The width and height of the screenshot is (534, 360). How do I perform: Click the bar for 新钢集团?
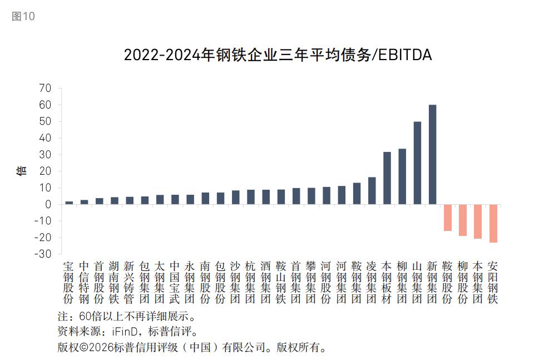[x=432, y=155]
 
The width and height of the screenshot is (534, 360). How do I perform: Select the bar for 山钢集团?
[x=417, y=163]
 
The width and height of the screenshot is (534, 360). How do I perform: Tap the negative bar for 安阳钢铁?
[x=493, y=223]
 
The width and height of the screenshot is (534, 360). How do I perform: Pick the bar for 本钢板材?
[x=387, y=178]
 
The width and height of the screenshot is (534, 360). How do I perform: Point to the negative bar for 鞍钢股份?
[x=447, y=218]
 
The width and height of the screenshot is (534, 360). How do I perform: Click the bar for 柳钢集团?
[x=402, y=177]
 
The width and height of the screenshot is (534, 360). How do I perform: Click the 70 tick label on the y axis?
[x=45, y=88]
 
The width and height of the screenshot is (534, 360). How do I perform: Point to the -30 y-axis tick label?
[x=42, y=254]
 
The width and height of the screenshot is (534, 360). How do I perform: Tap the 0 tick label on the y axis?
[x=48, y=204]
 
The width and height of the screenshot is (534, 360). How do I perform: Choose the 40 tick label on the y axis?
[x=45, y=138]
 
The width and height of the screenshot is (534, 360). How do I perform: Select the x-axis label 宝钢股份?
[x=69, y=282]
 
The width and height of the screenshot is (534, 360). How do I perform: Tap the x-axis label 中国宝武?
[x=175, y=282]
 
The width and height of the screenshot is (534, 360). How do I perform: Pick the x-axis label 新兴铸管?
[x=130, y=282]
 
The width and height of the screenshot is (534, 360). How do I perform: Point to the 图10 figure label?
[x=23, y=16]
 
